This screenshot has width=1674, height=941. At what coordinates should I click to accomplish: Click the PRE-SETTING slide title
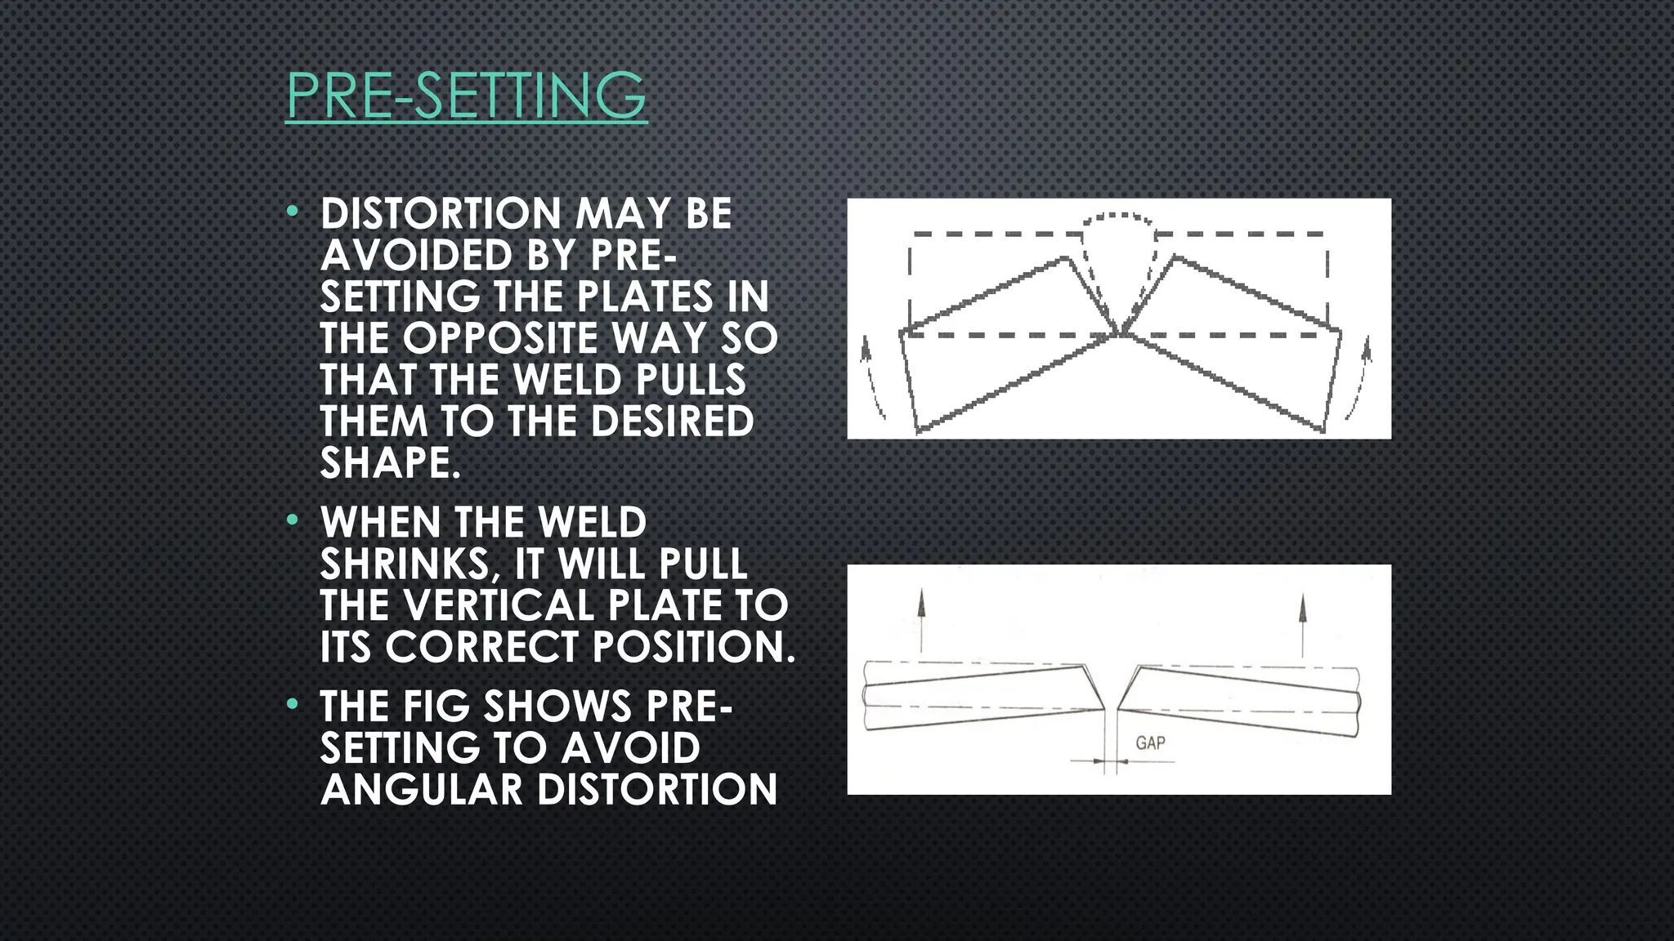click(x=466, y=96)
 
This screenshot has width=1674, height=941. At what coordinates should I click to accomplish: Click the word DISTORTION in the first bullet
click(x=441, y=214)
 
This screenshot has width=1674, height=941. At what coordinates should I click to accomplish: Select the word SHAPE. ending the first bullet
click(x=390, y=463)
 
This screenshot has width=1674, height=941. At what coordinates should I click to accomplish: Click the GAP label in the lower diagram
click(x=1150, y=743)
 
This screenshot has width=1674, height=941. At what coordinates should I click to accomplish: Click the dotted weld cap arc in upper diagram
click(x=1118, y=218)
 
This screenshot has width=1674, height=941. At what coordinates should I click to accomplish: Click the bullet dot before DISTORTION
click(x=293, y=212)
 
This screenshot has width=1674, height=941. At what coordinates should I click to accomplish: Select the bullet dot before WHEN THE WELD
click(x=293, y=520)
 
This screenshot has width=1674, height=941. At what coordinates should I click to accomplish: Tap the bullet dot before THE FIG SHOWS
click(x=293, y=704)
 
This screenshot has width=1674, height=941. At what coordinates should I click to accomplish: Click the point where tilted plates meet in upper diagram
click(x=1120, y=333)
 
